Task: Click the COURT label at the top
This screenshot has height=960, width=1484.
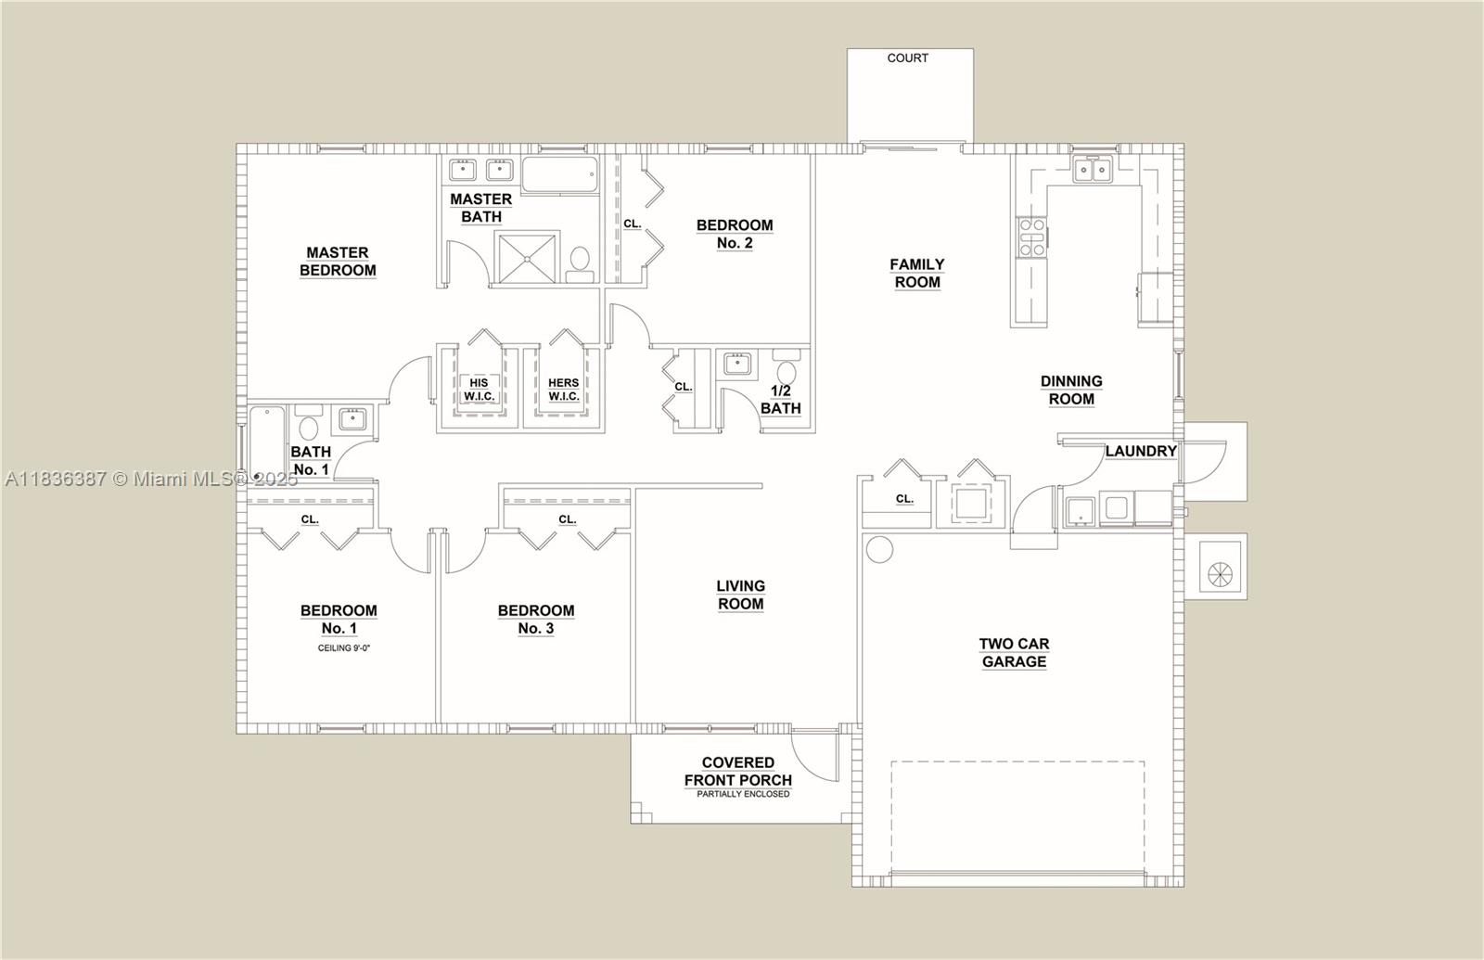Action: tap(907, 58)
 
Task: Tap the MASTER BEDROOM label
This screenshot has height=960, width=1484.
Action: tap(338, 262)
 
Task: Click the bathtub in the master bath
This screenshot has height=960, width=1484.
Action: tap(559, 175)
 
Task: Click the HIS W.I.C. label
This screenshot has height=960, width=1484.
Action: tap(479, 390)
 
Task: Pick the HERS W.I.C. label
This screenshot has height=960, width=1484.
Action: tap(563, 390)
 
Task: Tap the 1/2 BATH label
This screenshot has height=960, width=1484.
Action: tap(780, 400)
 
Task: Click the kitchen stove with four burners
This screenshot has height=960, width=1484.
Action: tap(1031, 237)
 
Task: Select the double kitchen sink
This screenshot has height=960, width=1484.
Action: tap(1093, 171)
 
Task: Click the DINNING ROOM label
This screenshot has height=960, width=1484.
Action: tap(1071, 390)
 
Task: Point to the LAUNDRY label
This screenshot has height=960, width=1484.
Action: tap(1140, 451)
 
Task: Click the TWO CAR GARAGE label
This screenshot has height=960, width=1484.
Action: tap(1014, 653)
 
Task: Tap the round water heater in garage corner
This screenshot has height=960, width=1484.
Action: tap(879, 550)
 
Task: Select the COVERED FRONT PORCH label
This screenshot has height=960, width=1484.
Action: tap(738, 772)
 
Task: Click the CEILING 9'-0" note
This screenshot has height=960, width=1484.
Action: tap(338, 648)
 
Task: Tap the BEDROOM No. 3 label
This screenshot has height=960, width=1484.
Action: tap(536, 620)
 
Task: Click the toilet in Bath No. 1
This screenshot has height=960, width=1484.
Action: tap(308, 425)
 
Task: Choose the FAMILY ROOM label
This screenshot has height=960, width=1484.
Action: tap(916, 274)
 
